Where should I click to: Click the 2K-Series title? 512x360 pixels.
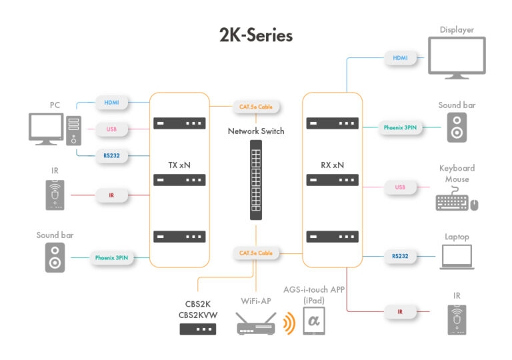[256, 35]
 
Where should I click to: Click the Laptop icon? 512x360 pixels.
[457, 257]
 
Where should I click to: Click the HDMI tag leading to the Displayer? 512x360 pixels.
[400, 59]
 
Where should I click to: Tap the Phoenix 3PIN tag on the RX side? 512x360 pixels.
[400, 127]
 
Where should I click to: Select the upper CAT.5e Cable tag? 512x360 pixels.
[256, 107]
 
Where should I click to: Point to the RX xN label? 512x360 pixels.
[331, 164]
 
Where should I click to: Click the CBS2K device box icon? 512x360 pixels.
[198, 329]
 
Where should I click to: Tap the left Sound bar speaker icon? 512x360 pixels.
[55, 257]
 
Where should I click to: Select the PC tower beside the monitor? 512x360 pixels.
[73, 131]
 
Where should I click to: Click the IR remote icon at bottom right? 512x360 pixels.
[457, 319]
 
